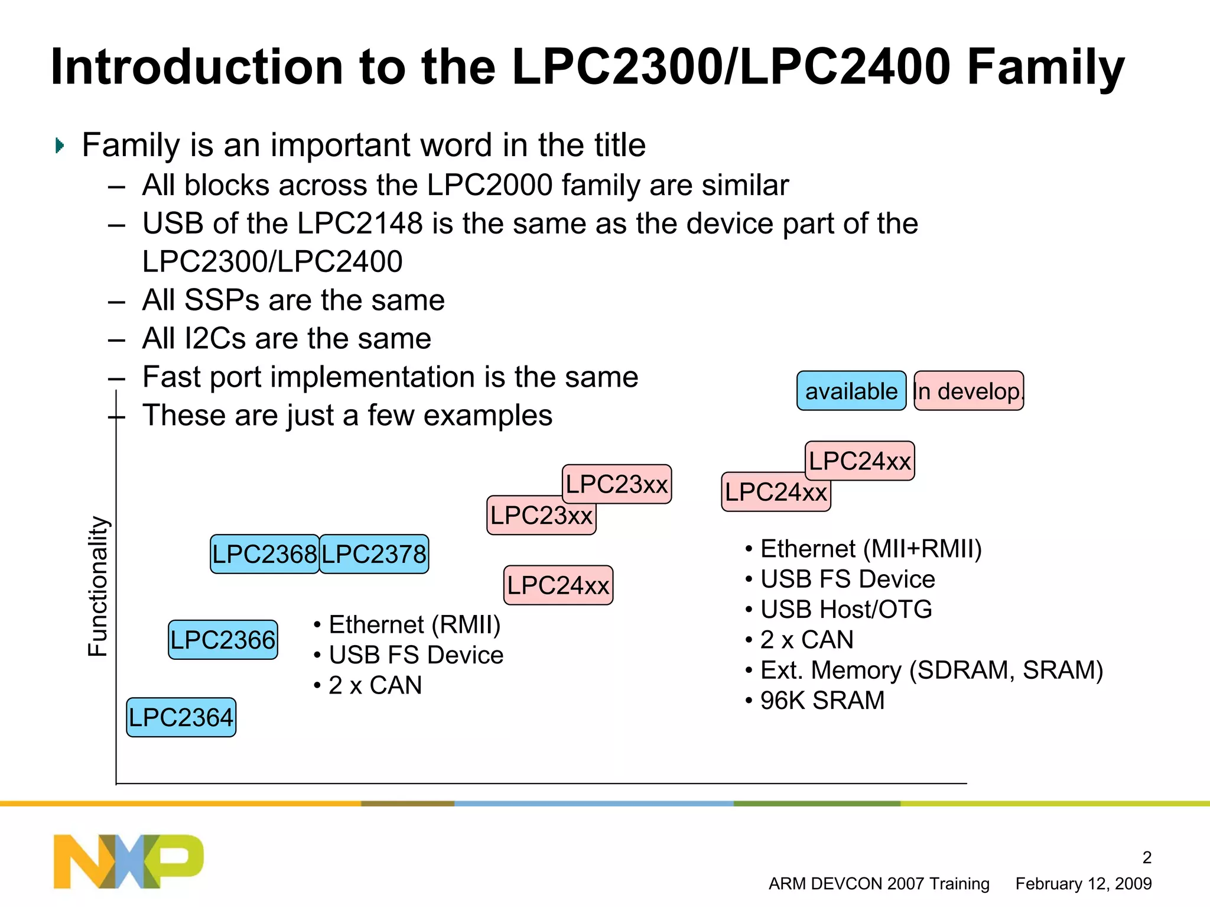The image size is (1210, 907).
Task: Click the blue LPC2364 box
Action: click(181, 717)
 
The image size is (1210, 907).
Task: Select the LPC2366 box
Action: click(223, 640)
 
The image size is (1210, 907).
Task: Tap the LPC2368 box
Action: click(264, 554)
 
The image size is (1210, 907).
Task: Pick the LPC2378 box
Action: click(374, 554)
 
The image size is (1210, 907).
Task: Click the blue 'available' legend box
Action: click(851, 391)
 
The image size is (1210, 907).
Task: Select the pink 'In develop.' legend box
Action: click(968, 391)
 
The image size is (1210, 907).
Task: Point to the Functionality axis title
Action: click(97, 586)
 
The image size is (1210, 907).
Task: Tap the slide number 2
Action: click(1146, 857)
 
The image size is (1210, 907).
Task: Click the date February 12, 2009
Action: click(1083, 883)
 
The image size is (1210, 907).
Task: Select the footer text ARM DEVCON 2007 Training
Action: click(879, 883)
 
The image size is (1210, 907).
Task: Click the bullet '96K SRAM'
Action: click(822, 701)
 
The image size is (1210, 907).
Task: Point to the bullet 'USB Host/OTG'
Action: click(845, 610)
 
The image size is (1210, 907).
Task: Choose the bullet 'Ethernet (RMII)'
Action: click(414, 624)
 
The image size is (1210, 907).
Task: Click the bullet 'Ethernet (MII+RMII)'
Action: click(870, 549)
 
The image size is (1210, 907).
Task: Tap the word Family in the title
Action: click(1045, 67)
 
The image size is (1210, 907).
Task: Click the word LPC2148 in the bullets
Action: click(360, 223)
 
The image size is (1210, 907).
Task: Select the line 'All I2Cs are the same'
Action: click(287, 339)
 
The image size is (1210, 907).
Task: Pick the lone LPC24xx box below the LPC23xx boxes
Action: click(558, 585)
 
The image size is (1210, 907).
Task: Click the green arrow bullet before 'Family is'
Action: click(59, 145)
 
